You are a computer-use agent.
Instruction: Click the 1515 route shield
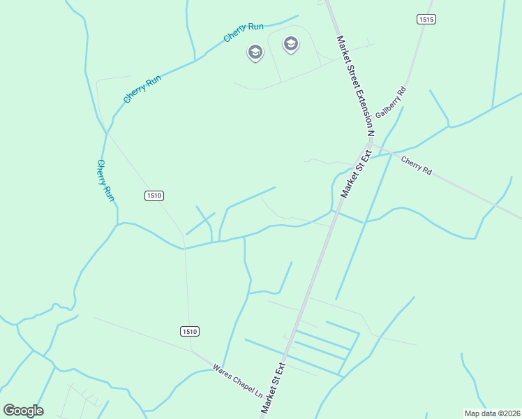(427, 20)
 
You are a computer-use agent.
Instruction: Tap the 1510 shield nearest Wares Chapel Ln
(189, 331)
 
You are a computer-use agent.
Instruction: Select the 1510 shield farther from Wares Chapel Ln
(154, 196)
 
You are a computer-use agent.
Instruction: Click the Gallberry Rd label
(391, 102)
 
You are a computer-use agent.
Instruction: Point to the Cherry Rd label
(417, 165)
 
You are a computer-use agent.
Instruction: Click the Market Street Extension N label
(356, 85)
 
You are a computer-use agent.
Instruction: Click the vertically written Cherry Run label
(105, 181)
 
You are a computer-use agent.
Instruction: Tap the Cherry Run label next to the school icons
(244, 31)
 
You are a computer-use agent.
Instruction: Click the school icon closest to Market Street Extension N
(290, 45)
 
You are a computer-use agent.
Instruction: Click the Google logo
(23, 411)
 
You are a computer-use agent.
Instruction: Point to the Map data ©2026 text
(492, 413)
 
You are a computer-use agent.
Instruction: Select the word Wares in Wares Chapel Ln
(222, 368)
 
